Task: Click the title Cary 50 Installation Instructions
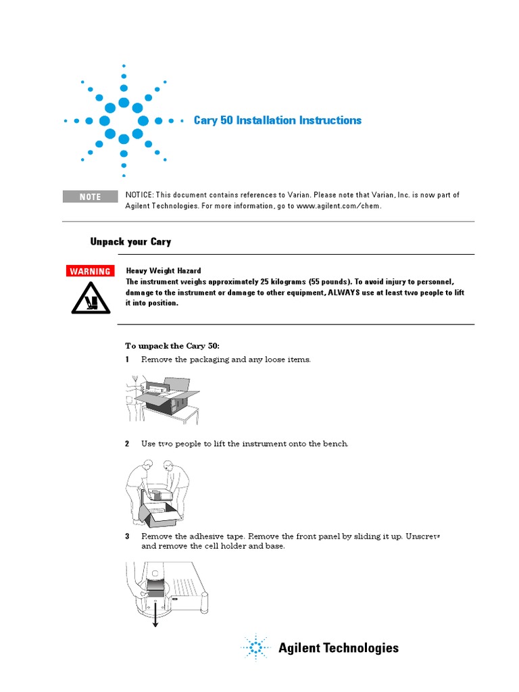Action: [x=277, y=120]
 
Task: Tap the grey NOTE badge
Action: [x=90, y=197]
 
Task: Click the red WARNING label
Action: [x=90, y=272]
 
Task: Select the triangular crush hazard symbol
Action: [x=91, y=298]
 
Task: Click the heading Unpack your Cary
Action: [x=130, y=241]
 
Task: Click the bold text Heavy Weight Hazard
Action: [x=163, y=270]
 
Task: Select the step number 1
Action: [x=127, y=360]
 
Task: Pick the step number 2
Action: [x=127, y=444]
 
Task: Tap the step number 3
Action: [x=127, y=536]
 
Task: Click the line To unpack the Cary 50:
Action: [x=172, y=345]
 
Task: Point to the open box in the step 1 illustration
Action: [x=166, y=400]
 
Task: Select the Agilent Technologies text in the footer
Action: [x=339, y=648]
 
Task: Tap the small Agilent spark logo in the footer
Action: [x=255, y=648]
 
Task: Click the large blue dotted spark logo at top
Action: [x=124, y=120]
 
